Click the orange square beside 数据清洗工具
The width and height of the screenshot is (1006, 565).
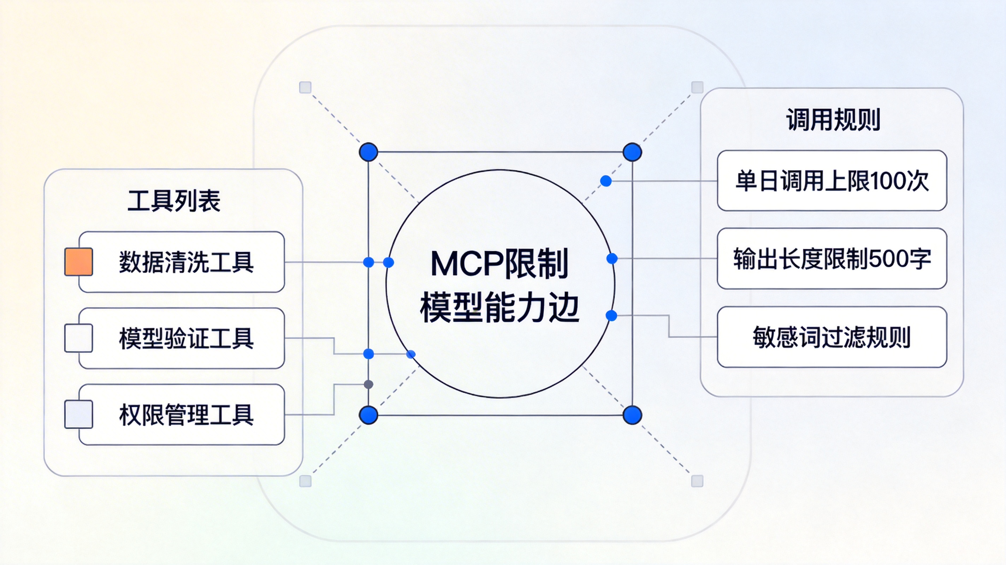point(78,262)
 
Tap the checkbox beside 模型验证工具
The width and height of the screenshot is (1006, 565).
point(78,338)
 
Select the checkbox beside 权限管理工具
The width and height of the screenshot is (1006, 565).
point(78,414)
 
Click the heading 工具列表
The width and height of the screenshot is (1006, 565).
point(174,201)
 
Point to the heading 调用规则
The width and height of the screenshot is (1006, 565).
point(833,119)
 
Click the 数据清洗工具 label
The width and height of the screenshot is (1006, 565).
point(186,262)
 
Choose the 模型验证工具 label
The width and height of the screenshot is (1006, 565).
point(186,338)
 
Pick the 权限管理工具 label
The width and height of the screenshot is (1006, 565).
point(186,415)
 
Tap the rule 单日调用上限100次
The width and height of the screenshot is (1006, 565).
point(832,181)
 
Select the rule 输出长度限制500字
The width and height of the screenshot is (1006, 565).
point(832,258)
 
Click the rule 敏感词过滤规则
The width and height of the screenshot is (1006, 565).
point(832,337)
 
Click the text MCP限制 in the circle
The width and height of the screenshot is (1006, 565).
point(499,264)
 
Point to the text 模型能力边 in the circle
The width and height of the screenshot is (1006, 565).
point(499,309)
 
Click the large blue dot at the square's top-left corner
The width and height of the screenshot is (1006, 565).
point(368,152)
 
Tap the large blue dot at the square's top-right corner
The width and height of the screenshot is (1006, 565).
point(632,152)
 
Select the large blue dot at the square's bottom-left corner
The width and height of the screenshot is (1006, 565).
point(368,415)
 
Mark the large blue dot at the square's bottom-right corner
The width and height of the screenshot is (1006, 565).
point(632,415)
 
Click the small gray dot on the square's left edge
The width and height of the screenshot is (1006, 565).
point(368,385)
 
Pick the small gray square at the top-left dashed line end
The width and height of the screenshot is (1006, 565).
point(306,88)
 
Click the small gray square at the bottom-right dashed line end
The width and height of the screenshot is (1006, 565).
point(697,481)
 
